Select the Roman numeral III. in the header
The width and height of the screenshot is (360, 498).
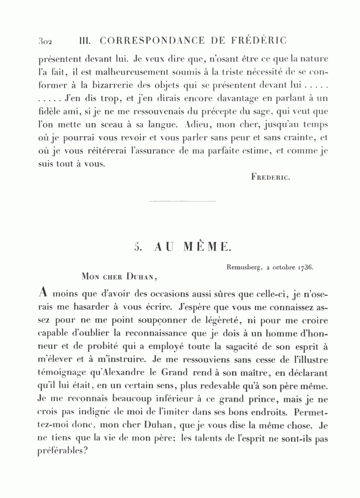click(86, 41)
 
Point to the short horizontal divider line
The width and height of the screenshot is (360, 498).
click(182, 201)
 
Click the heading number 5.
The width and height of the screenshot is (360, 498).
click(138, 247)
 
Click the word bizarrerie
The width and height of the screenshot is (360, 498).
click(117, 86)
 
